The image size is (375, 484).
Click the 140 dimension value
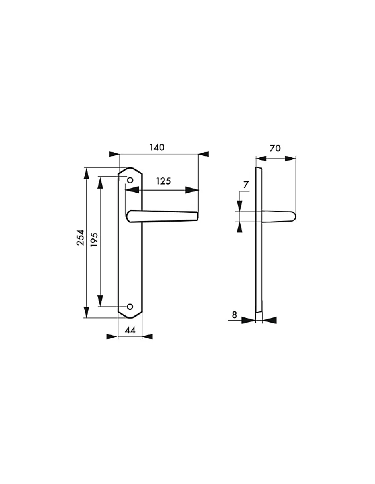[x=157, y=147]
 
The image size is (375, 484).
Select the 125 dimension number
[x=164, y=181]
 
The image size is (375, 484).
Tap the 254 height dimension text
[x=81, y=238]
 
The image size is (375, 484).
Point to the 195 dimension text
[x=94, y=240]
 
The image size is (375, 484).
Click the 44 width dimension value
[x=130, y=330]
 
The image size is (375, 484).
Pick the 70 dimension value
[x=275, y=148]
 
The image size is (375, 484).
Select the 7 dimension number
[x=246, y=185]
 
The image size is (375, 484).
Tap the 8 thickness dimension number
[x=235, y=315]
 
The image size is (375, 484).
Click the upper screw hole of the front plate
[x=130, y=180]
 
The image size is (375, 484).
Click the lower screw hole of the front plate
[x=130, y=307]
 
